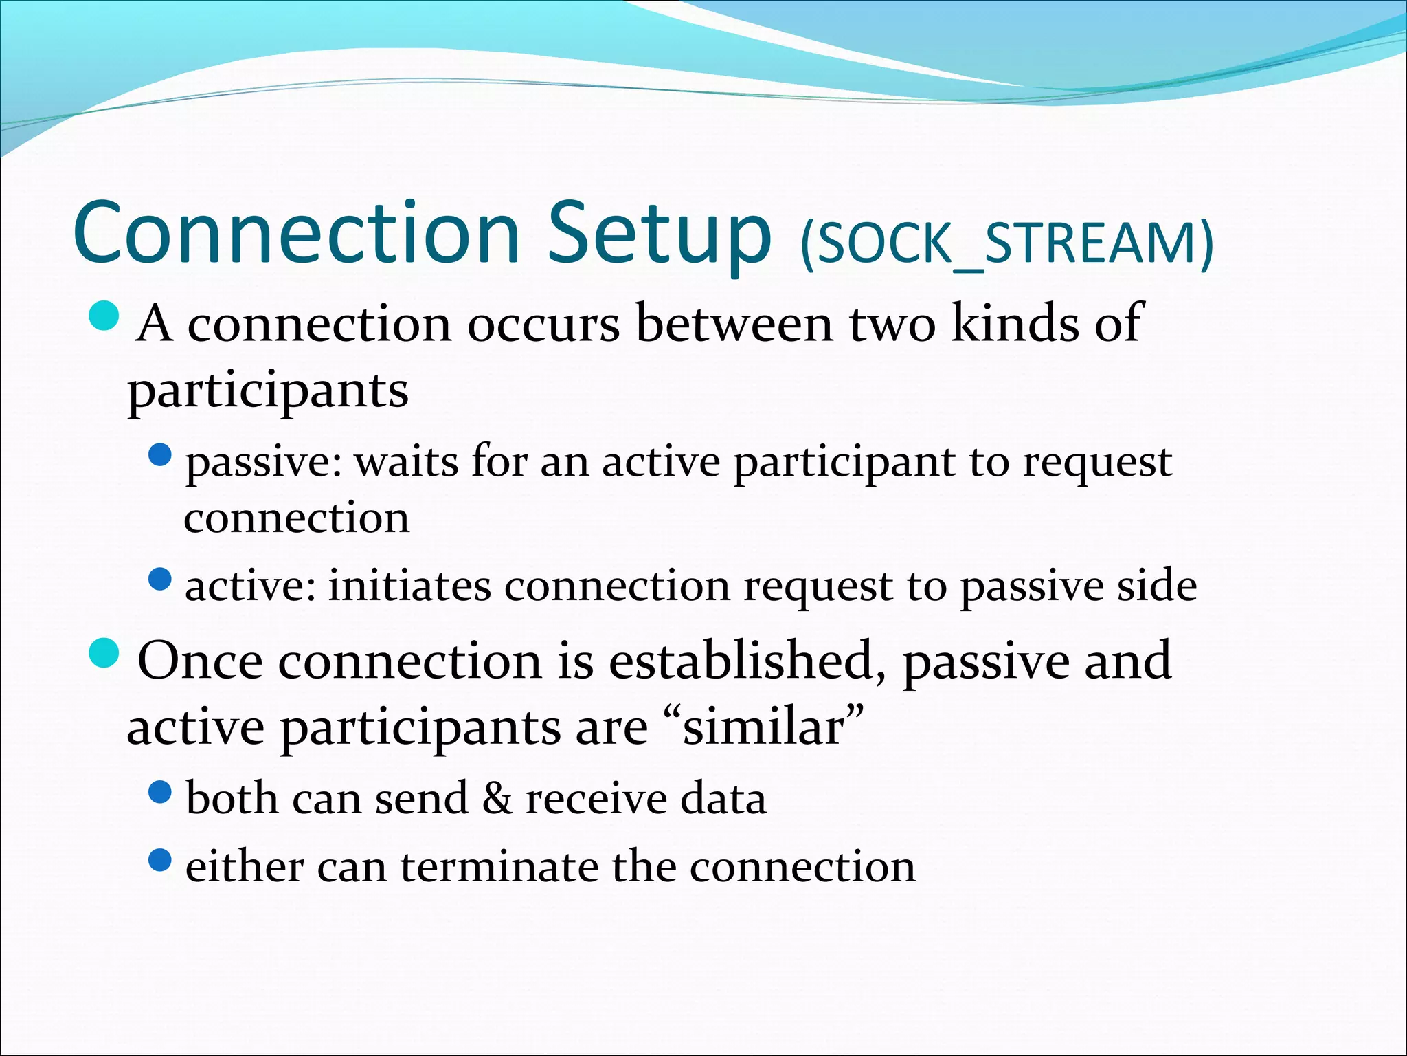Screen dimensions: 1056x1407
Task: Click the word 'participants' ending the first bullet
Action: pyautogui.click(x=268, y=392)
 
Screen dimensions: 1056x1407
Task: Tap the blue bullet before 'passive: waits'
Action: pyautogui.click(x=159, y=454)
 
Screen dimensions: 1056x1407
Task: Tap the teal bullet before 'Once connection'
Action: pyautogui.click(x=104, y=653)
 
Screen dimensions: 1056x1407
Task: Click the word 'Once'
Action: pyautogui.click(x=200, y=661)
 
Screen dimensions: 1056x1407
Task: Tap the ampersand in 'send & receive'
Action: pyautogui.click(x=497, y=799)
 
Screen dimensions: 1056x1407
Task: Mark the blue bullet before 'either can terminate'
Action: pyautogui.click(x=159, y=860)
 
